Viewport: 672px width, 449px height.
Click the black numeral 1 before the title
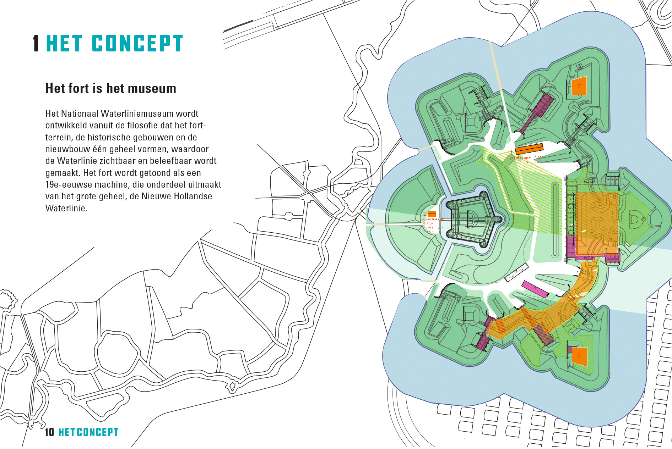[36, 44]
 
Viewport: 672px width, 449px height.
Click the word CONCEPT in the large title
[137, 44]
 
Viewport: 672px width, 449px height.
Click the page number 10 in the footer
[49, 432]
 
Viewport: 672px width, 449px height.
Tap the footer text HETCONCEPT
[88, 432]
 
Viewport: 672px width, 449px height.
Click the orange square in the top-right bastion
[579, 86]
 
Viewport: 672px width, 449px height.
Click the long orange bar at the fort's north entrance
[529, 149]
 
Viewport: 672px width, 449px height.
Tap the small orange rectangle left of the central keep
[432, 214]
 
